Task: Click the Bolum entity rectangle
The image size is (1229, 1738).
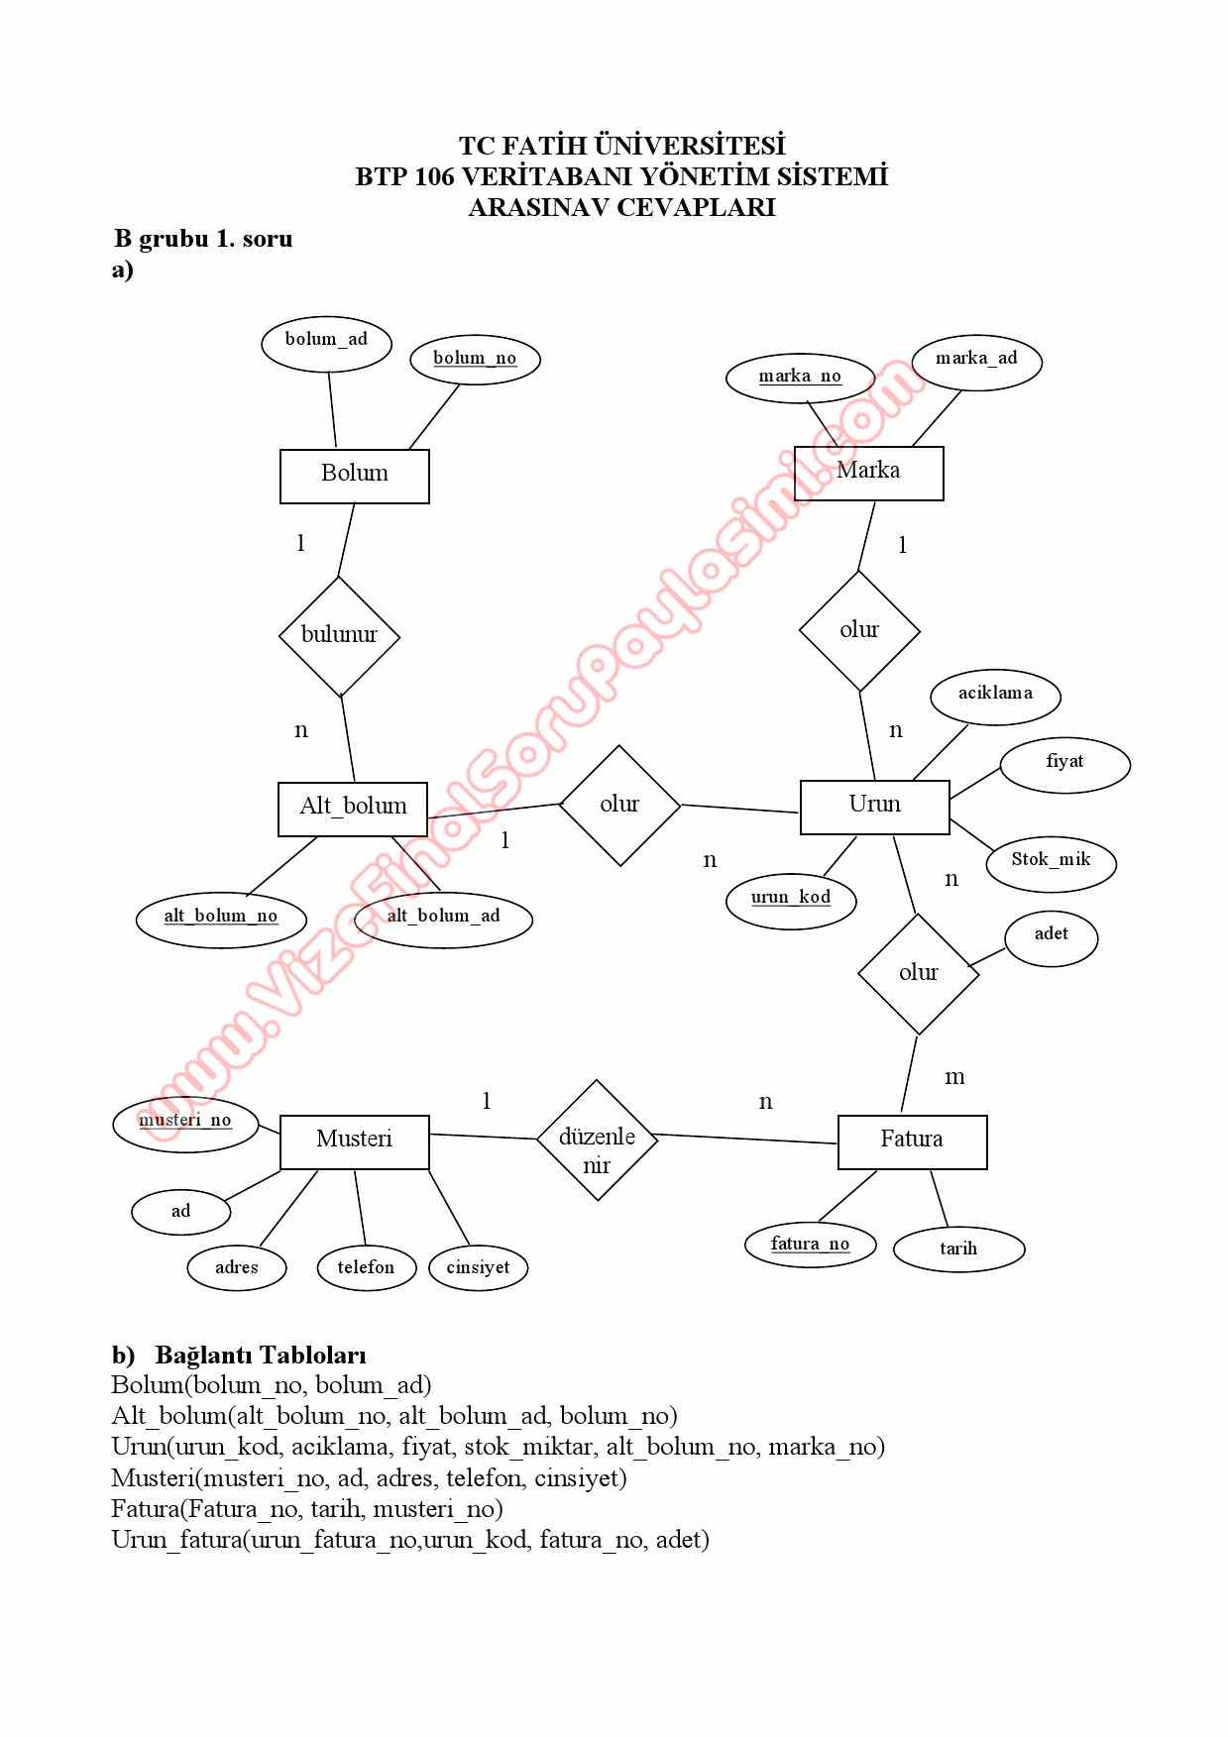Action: [x=354, y=476]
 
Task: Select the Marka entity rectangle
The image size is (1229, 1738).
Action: [x=869, y=473]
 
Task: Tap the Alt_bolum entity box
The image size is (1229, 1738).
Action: [x=353, y=809]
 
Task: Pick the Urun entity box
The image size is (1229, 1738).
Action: [x=874, y=807]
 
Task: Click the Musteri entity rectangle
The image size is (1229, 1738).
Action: [x=354, y=1141]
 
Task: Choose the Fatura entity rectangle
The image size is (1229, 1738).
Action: [x=912, y=1141]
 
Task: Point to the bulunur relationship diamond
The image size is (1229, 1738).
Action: [x=339, y=636]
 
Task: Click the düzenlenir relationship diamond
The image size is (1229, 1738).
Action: [x=597, y=1140]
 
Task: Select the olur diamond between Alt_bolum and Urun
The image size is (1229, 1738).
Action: [x=619, y=805]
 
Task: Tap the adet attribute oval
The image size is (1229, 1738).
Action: [x=1051, y=937]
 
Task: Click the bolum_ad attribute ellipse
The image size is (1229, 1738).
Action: [x=326, y=343]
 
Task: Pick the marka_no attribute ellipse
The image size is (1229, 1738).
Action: [x=800, y=379]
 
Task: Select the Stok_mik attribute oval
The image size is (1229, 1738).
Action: [x=1051, y=862]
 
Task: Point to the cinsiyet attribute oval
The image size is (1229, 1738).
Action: [x=478, y=1268]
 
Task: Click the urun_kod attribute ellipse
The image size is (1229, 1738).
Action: [x=790, y=901]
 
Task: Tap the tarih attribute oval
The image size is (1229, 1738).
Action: [x=958, y=1249]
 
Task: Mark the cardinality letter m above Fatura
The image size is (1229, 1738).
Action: [x=954, y=1077]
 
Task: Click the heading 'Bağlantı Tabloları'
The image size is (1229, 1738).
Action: [x=260, y=1355]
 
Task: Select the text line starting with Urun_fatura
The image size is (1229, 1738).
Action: [x=410, y=1540]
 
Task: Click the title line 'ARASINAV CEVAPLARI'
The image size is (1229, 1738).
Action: [x=621, y=207]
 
